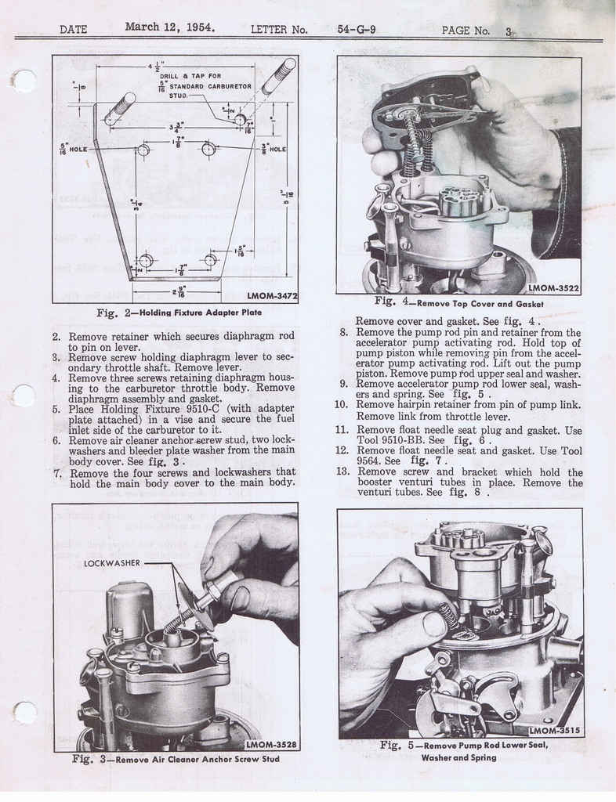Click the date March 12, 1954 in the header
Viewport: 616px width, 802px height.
point(170,27)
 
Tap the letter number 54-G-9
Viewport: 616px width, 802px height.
point(357,30)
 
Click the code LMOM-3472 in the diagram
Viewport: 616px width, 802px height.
point(271,296)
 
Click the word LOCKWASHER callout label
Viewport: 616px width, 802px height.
point(111,562)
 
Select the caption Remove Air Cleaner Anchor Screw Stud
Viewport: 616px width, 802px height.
point(205,759)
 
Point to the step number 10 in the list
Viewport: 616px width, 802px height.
point(341,404)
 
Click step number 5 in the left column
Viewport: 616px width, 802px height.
point(57,409)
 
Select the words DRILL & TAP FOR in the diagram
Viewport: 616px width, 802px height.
point(187,76)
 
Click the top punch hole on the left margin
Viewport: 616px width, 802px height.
point(24,81)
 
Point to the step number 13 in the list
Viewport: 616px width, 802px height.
point(341,471)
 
